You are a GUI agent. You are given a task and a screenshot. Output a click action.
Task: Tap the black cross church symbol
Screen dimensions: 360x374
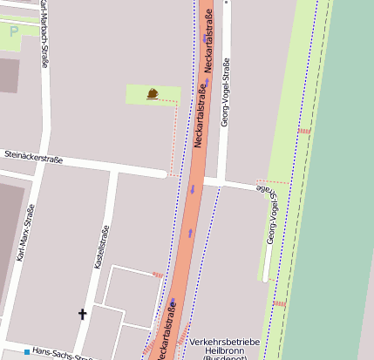tap(83, 313)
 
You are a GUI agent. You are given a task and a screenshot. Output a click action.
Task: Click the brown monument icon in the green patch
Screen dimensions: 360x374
tap(153, 93)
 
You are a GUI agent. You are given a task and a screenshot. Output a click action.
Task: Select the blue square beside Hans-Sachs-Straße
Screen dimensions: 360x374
tap(27, 352)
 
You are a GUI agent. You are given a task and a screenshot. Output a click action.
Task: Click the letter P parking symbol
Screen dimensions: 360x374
tap(13, 31)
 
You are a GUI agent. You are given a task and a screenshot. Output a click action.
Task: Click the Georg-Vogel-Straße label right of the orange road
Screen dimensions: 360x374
tap(225, 92)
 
